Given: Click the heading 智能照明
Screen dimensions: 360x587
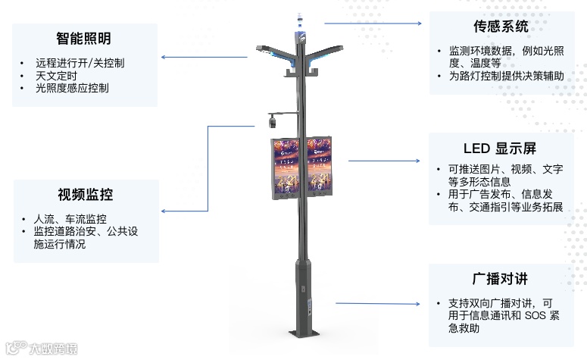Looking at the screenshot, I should click(84, 38).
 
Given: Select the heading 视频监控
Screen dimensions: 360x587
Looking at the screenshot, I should click(85, 195).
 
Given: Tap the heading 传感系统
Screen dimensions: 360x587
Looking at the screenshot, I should click(501, 27).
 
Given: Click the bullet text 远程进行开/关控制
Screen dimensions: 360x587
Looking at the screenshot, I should click(80, 64).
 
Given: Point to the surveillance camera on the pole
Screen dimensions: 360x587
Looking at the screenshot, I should click(273, 120).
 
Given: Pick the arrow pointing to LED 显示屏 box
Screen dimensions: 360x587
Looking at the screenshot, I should click(383, 161).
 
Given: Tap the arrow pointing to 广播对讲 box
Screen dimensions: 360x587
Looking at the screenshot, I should click(378, 303).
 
